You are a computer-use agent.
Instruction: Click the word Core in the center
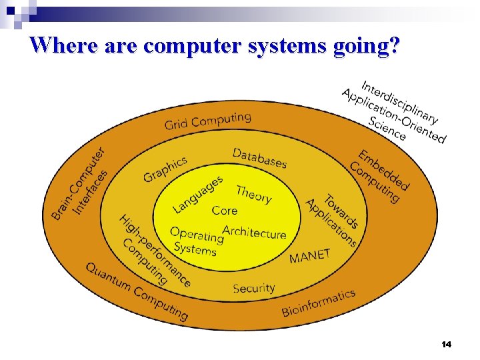pos(225,211)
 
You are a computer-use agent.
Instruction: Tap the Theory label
pos(254,194)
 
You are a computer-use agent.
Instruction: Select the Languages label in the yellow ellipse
pos(198,194)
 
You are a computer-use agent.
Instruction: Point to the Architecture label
pos(255,233)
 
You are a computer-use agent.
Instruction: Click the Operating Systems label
pos(195,242)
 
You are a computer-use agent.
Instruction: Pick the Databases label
pos(259,158)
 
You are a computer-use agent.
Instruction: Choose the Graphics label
pos(165,167)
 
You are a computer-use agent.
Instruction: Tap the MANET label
pos(310,256)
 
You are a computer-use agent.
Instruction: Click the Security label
pos(254,288)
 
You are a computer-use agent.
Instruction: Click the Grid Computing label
pos(208,121)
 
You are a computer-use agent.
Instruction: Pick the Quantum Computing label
pos(137,290)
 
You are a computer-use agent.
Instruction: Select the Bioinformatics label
pos(318,302)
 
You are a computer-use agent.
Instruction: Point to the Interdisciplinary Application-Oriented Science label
pos(393,111)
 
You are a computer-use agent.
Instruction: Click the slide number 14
pos(446,344)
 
